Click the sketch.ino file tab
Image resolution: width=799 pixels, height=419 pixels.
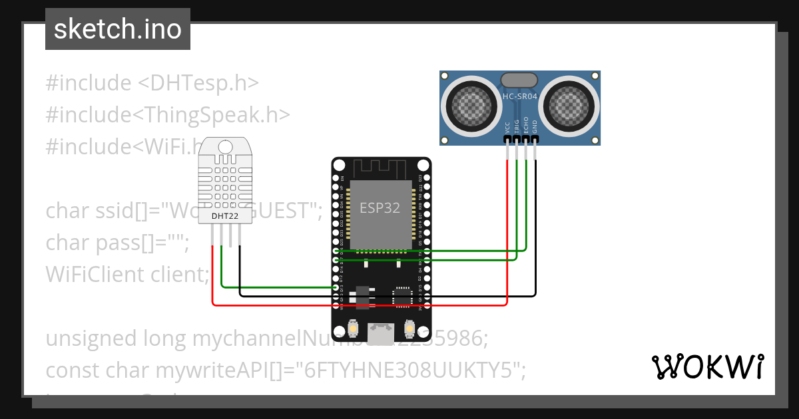tap(117, 29)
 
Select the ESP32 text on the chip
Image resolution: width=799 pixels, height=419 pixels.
tap(380, 208)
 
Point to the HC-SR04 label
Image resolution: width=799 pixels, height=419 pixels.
tap(519, 97)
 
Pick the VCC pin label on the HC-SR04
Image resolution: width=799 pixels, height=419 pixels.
tap(508, 128)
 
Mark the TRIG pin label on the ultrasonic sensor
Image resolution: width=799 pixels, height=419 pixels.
tap(517, 127)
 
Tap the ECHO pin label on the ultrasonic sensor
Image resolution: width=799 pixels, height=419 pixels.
tap(526, 126)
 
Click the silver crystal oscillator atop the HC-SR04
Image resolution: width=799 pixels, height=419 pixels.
tap(519, 80)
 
